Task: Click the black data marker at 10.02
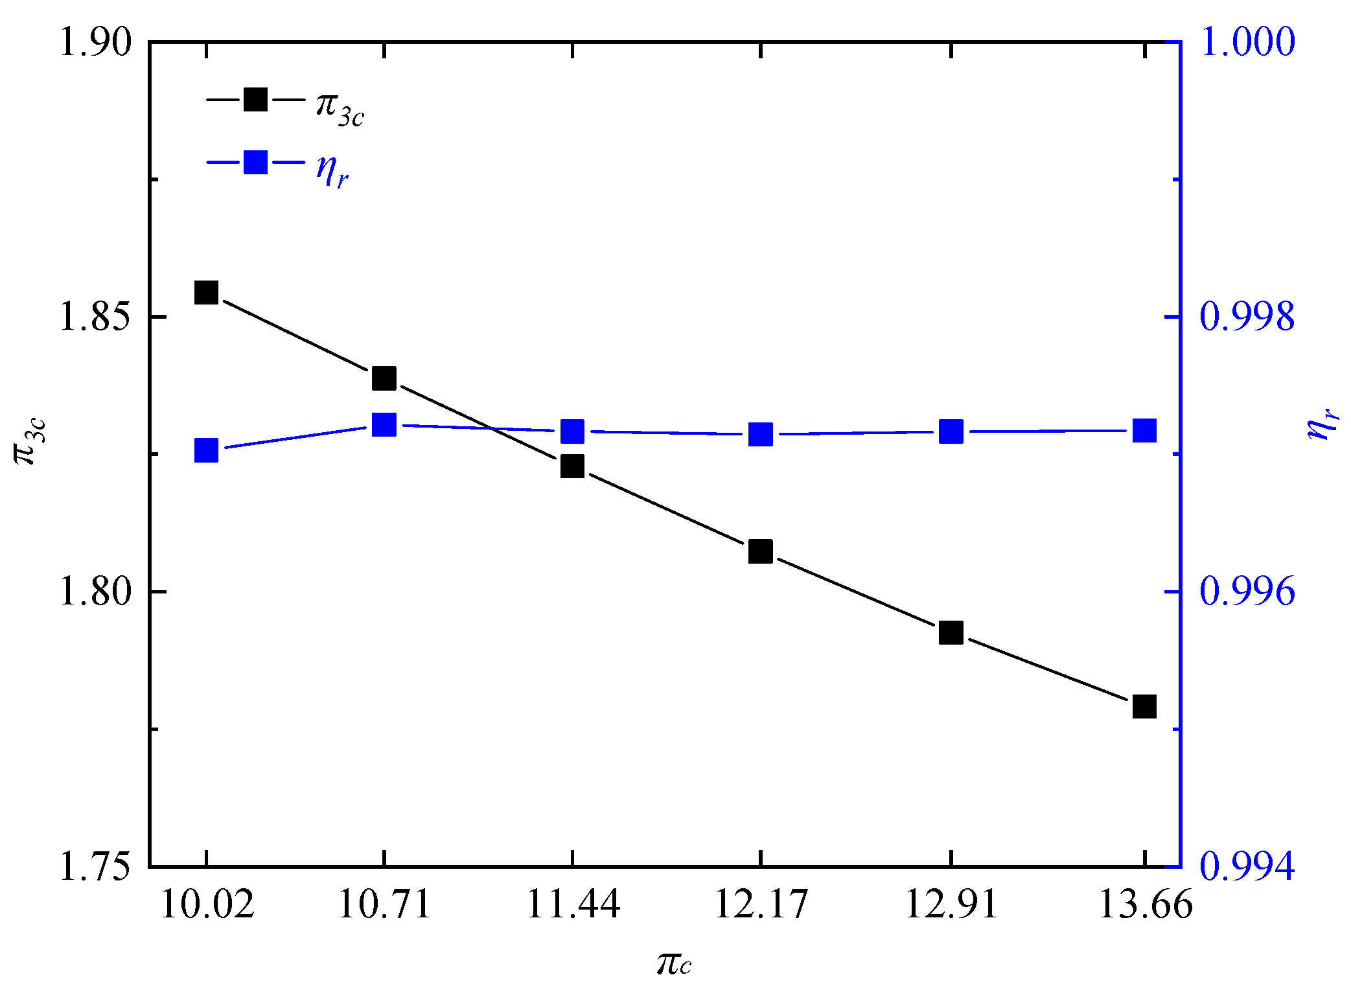(x=206, y=293)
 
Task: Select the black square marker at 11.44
(x=572, y=466)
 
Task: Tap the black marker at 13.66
(x=1144, y=706)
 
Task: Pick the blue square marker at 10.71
(x=384, y=425)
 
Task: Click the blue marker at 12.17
(x=760, y=434)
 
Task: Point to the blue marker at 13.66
(x=1144, y=430)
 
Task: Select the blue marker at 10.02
(x=206, y=450)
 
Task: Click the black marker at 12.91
(x=951, y=632)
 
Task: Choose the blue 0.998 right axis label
(x=1247, y=317)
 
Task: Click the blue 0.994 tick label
(x=1247, y=867)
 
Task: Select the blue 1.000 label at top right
(x=1247, y=43)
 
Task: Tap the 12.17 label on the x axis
(x=761, y=904)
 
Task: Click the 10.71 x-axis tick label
(x=384, y=904)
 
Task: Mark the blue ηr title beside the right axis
(x=1322, y=424)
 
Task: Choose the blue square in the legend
(x=255, y=162)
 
